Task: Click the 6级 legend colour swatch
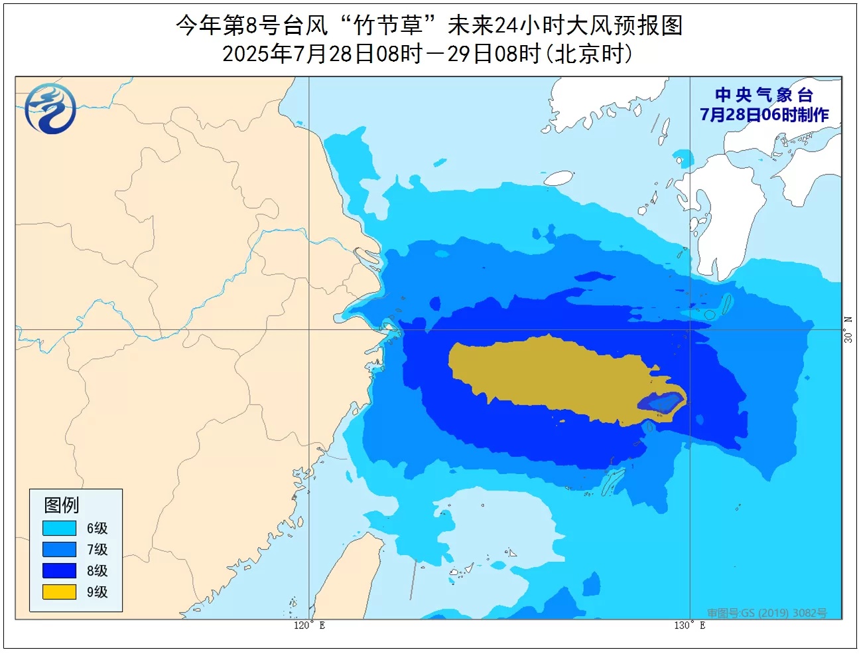tap(59, 528)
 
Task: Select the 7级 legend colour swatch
tap(59, 549)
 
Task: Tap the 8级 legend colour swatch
tap(59, 570)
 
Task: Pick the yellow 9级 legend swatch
tap(59, 592)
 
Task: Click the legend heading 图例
tap(62, 505)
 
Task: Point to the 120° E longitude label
tap(309, 625)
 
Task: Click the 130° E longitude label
tap(690, 625)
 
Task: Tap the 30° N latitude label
tap(848, 329)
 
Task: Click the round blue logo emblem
tap(50, 108)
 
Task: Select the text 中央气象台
tap(763, 95)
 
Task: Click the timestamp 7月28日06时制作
tap(764, 115)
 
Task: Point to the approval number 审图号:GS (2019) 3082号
tap(766, 613)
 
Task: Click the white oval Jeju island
tap(559, 178)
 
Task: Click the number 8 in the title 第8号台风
tap(251, 26)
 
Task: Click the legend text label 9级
tap(97, 592)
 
